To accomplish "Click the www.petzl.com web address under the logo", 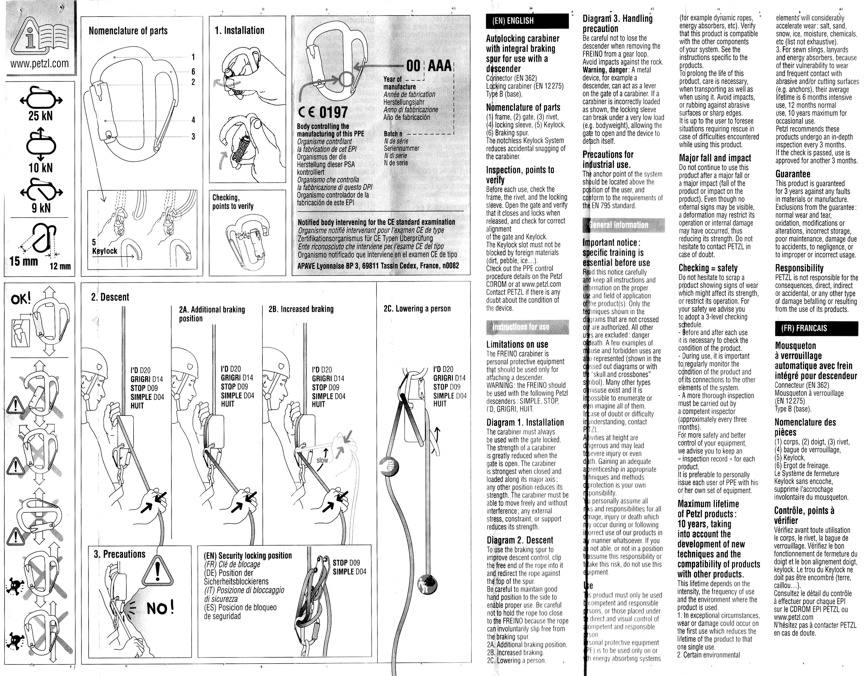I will pyautogui.click(x=40, y=64).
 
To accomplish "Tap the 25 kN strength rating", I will pyautogui.click(x=41, y=116).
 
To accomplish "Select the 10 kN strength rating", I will pyautogui.click(x=41, y=168).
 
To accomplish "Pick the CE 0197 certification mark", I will pyautogui.click(x=323, y=112).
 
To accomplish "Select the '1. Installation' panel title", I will pyautogui.click(x=240, y=31).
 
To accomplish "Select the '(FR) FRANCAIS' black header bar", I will pyautogui.click(x=816, y=328).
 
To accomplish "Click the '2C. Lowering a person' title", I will pyautogui.click(x=417, y=309).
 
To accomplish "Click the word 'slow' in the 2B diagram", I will pyautogui.click(x=322, y=460).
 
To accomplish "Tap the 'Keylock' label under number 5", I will pyautogui.click(x=104, y=251).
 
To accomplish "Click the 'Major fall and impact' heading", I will pyautogui.click(x=715, y=158).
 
